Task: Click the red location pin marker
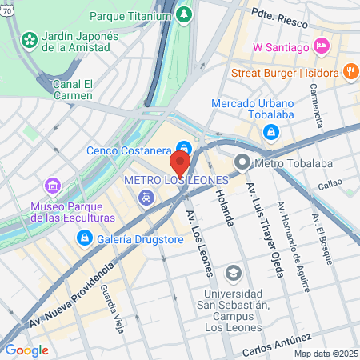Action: coord(180,163)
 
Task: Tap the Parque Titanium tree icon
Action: coord(185,15)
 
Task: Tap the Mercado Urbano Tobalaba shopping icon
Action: coord(272,131)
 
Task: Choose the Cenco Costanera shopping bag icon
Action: coord(185,149)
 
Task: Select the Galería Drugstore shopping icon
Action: coord(84,238)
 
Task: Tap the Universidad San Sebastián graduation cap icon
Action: coord(234,274)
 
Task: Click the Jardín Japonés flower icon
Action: coord(30,39)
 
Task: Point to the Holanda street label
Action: coord(223,210)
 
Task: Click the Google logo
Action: coord(26,350)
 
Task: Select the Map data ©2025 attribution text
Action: coord(325,354)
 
